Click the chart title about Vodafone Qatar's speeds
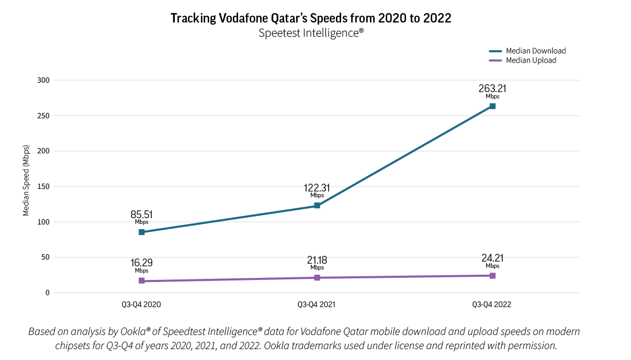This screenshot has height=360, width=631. pos(311,18)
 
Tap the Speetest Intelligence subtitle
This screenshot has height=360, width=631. pos(311,33)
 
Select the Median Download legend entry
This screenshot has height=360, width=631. pos(535,51)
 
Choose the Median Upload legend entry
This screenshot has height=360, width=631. pos(531,60)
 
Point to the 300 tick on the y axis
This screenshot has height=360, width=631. pos(43,80)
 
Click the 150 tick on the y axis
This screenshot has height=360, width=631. pos(43,186)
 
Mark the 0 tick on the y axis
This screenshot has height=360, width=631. pos(47,292)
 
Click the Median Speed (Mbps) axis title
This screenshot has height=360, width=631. pos(26,181)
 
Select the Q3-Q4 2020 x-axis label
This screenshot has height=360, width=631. pos(141,304)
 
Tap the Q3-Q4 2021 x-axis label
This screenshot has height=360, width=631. pos(317,304)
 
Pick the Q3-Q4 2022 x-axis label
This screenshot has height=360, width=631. pos(492,304)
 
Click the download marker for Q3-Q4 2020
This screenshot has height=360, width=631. pos(141,232)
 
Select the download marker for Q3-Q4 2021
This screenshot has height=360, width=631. pos(317,206)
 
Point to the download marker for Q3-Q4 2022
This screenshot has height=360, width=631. pos(492,106)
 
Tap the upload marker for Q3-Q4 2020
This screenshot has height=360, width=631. pos(141,281)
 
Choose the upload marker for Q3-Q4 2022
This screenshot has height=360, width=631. pos(492,275)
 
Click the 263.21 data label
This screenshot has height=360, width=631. pos(492,88)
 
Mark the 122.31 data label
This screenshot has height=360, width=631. pos(317,188)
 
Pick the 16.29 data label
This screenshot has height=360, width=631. pos(141,263)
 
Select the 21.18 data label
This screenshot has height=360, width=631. pos(317,260)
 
